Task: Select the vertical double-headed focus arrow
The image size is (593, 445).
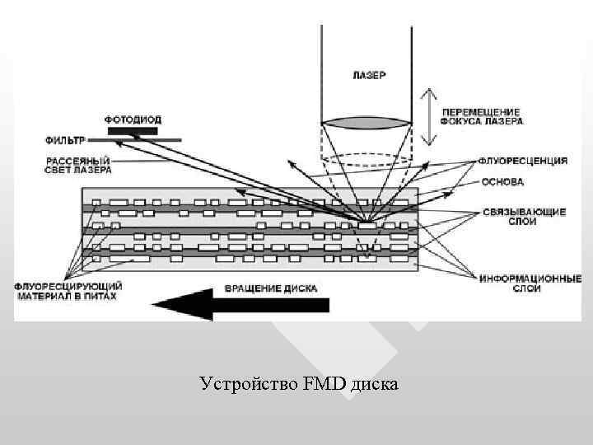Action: click(x=427, y=117)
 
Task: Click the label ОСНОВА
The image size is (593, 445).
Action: click(x=499, y=181)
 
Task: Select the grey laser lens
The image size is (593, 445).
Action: click(x=366, y=123)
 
